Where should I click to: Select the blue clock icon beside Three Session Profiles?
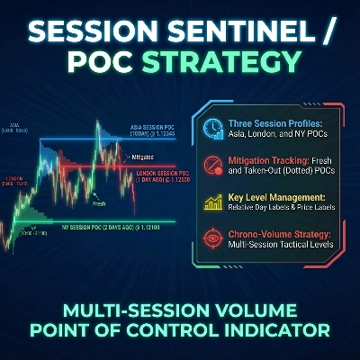[213, 128]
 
